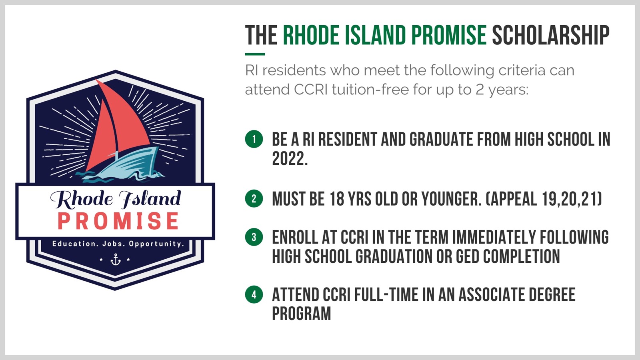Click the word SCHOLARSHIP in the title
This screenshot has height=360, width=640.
(551, 35)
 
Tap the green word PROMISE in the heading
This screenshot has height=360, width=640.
(449, 35)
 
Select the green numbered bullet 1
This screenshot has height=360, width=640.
(254, 139)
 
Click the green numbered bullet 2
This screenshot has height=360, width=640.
(254, 198)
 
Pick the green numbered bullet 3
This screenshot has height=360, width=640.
(254, 237)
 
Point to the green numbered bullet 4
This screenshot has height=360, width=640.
(254, 294)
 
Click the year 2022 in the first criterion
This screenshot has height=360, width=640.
(290, 158)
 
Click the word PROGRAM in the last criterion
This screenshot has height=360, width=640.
(302, 314)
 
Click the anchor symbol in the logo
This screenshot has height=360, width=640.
(116, 259)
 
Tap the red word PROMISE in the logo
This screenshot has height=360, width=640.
(118, 220)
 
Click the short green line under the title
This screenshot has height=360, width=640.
(255, 54)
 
